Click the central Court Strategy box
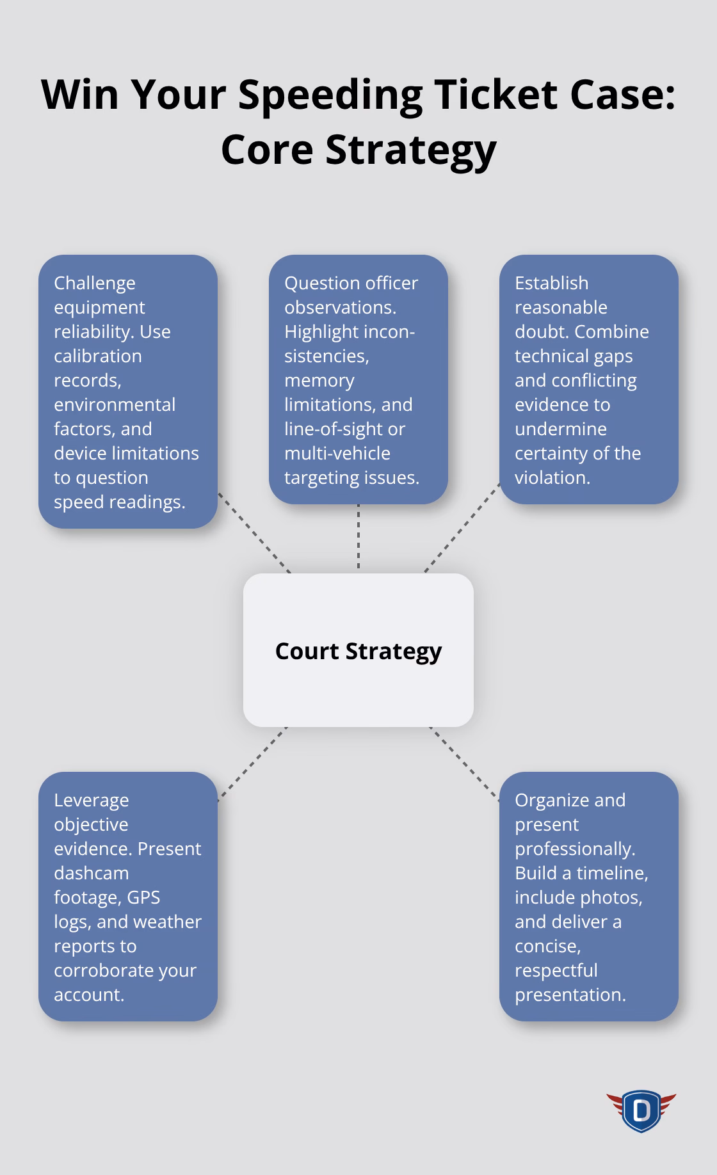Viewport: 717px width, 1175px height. [358, 650]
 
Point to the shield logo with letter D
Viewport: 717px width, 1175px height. [641, 1111]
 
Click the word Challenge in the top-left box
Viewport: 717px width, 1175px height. [95, 284]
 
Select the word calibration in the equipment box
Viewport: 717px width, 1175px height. [97, 356]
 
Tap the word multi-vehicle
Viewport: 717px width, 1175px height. [337, 453]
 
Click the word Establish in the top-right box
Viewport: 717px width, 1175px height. [551, 283]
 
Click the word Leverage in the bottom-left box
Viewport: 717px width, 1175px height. [92, 800]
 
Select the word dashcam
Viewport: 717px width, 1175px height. [83, 873]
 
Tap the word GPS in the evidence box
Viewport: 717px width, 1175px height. [143, 897]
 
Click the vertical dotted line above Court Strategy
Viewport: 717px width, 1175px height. [358, 538]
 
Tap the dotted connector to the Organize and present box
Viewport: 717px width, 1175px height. [464, 763]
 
